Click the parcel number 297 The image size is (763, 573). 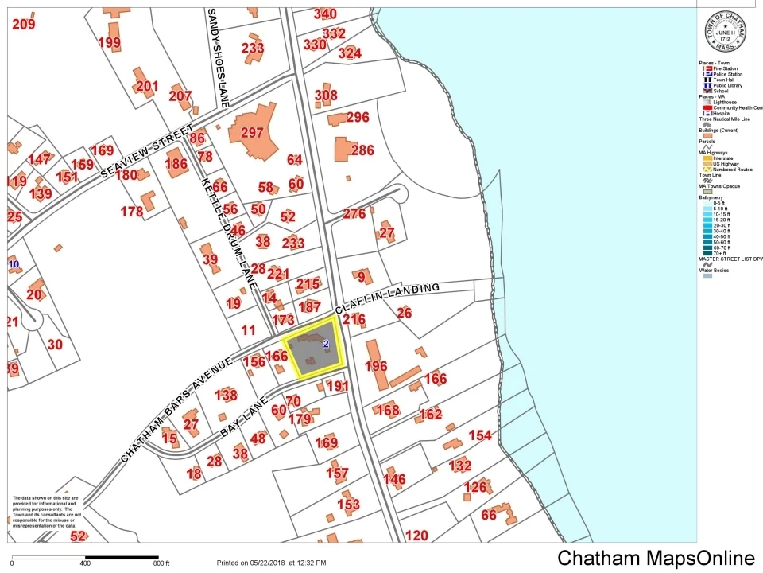pos(252,133)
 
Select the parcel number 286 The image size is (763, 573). pos(362,150)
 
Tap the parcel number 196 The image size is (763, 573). pos(376,366)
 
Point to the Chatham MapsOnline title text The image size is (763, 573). pos(656,558)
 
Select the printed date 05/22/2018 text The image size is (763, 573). pos(270,563)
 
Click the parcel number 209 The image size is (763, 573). pos(24,24)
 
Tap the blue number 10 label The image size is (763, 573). pos(14,263)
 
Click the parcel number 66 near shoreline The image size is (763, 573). pos(489,515)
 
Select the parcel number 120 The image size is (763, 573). pos(416,536)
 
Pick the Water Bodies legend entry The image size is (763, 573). pos(718,270)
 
